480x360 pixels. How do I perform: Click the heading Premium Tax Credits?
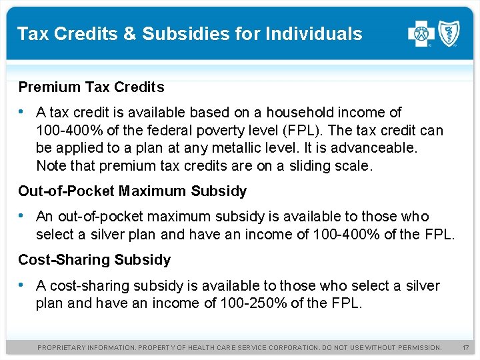point(91,87)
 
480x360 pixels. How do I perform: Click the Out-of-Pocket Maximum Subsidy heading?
point(132,191)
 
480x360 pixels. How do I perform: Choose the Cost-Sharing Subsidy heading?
point(94,259)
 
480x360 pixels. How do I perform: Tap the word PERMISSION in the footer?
point(417,347)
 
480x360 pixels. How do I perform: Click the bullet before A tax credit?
point(23,112)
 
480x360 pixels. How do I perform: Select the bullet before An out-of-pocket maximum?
point(23,216)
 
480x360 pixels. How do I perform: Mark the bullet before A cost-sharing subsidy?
point(23,285)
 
